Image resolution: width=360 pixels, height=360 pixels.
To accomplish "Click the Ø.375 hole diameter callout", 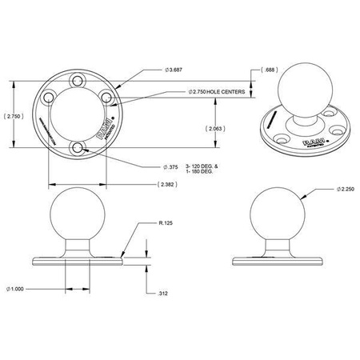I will (170, 166).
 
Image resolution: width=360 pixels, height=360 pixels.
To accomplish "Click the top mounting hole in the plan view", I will (77, 82).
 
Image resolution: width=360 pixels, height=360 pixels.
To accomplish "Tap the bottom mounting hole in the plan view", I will (77, 149).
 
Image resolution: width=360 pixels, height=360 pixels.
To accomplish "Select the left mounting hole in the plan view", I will (48, 96).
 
